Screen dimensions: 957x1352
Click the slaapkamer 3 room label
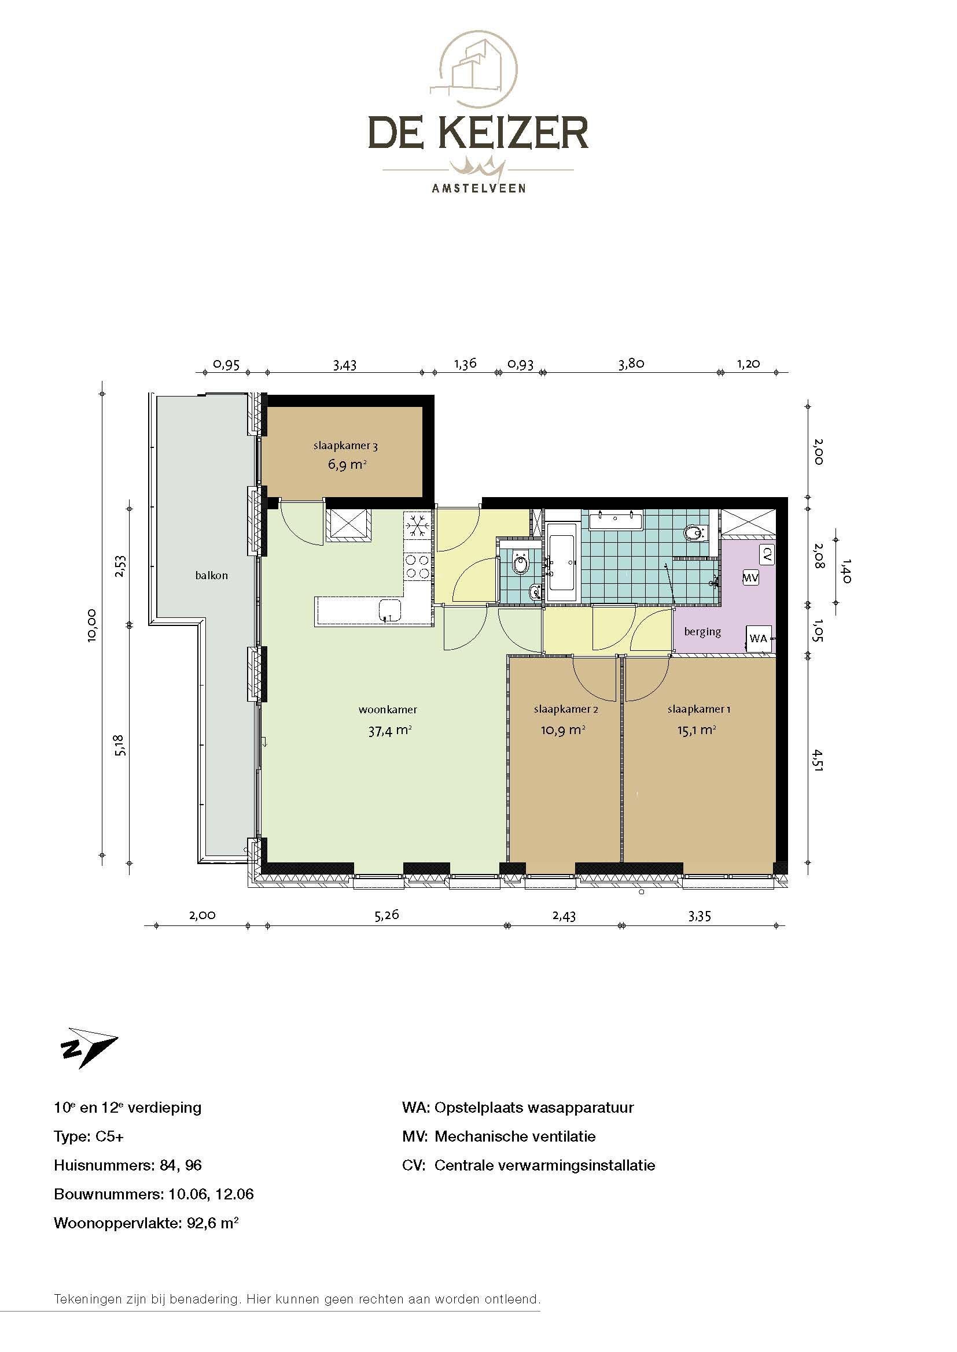(345, 446)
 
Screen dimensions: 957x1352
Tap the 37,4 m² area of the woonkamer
(389, 731)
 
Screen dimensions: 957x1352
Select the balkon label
(212, 575)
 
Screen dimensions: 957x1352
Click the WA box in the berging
(759, 638)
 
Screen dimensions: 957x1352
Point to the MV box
(750, 577)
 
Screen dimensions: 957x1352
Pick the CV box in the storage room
(767, 554)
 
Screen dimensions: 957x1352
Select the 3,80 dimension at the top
(631, 364)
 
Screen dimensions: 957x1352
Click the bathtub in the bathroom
(564, 562)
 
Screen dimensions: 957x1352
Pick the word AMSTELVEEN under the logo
(478, 188)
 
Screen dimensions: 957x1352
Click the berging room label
(702, 632)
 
